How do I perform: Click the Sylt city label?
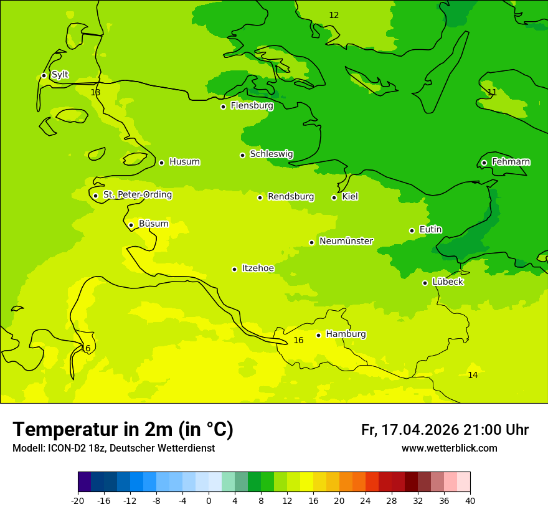60,75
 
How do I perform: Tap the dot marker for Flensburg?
223,107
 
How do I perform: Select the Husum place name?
184,162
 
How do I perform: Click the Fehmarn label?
511,162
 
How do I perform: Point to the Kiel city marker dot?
334,197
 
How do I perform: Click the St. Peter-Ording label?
137,195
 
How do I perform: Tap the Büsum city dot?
131,225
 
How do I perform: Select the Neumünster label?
346,241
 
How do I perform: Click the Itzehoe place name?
257,268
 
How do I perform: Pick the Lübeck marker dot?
425,283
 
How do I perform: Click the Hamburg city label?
346,334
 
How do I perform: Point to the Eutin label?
430,230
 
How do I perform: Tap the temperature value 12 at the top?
334,15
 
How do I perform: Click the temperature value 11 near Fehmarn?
492,92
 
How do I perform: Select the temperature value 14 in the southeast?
473,375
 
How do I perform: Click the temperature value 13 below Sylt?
95,92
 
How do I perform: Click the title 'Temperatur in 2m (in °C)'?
123,430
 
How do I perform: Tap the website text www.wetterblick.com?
449,448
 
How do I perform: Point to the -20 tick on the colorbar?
78,501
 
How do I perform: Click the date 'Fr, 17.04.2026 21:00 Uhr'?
445,430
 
